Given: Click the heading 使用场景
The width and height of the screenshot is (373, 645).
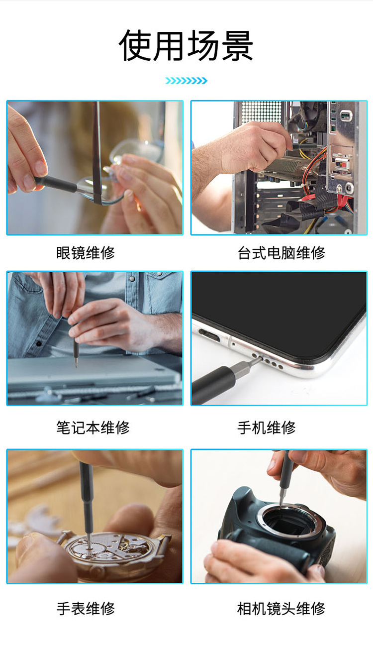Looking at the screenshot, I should [186, 46].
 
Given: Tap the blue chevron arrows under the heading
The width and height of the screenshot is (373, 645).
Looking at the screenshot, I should [186, 81].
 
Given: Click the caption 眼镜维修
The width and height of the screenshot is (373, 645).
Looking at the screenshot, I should [86, 253].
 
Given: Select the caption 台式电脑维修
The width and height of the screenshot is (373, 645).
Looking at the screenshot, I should [281, 253].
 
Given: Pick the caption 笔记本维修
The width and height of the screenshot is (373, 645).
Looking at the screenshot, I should [93, 428].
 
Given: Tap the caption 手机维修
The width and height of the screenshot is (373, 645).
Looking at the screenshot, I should [267, 428].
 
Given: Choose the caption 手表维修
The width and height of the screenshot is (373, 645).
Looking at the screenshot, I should [86, 608].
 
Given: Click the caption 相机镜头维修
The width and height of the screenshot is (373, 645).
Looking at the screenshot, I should [281, 608].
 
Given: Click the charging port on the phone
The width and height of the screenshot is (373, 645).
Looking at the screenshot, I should [210, 336].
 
